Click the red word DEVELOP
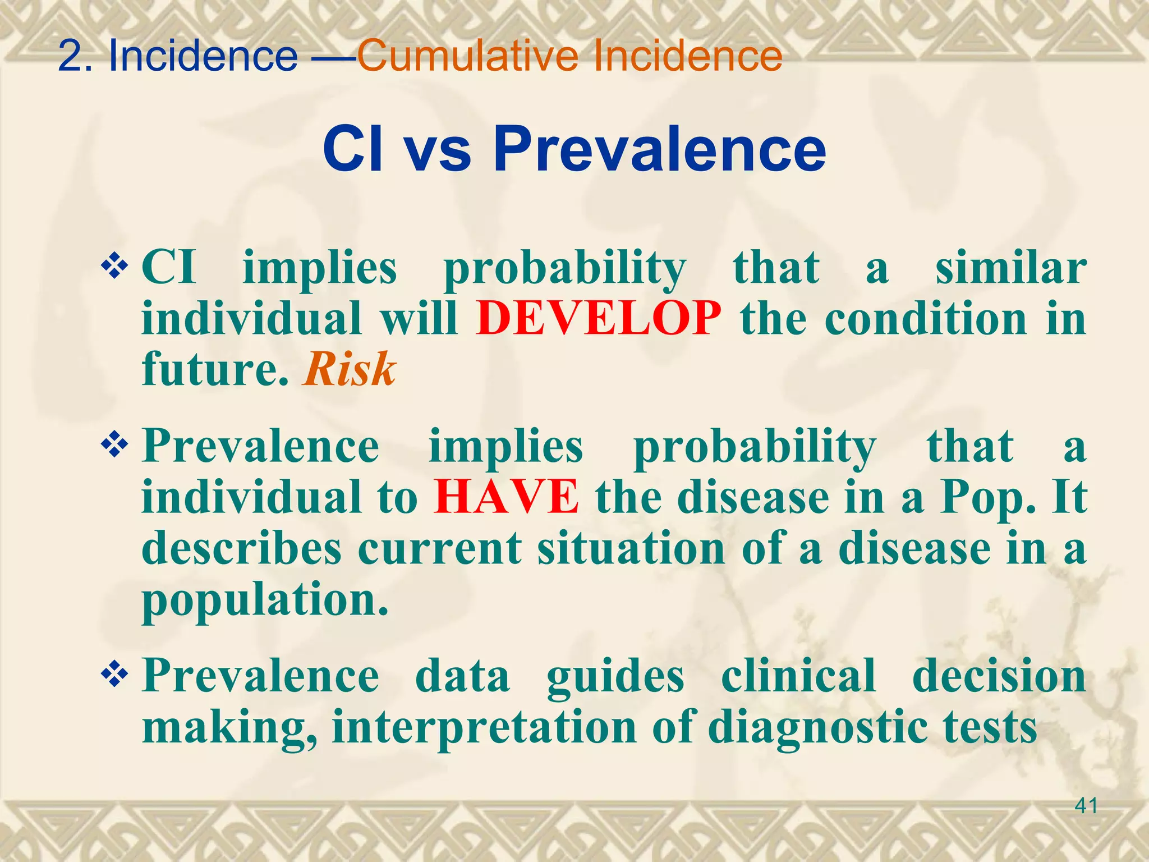coord(598,319)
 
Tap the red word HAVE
coord(506,497)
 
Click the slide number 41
coord(1086,806)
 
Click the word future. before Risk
coord(216,370)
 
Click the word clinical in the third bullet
coord(798,676)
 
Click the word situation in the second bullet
coord(632,548)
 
